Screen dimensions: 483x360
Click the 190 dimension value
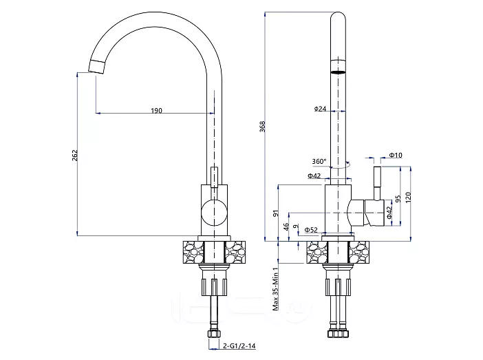[156, 110]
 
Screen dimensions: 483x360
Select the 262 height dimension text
[75, 156]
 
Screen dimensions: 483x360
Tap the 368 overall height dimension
[262, 127]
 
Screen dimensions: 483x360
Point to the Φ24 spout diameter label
[321, 109]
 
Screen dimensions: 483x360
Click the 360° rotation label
[319, 161]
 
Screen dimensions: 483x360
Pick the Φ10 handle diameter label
[396, 155]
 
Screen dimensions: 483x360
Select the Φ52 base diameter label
[311, 230]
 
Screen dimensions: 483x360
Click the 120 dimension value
[408, 198]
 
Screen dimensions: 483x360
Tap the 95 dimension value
[398, 199]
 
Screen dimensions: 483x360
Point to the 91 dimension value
[276, 213]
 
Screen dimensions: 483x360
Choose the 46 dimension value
[286, 227]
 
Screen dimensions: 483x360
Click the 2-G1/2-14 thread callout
[239, 346]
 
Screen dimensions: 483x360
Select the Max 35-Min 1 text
[276, 288]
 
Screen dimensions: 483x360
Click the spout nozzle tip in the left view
[97, 67]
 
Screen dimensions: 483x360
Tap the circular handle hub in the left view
[214, 213]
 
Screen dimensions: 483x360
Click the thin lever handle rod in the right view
[377, 183]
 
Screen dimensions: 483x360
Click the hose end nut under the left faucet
[215, 335]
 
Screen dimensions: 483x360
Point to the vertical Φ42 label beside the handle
[389, 213]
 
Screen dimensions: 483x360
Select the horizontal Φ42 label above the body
[314, 176]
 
